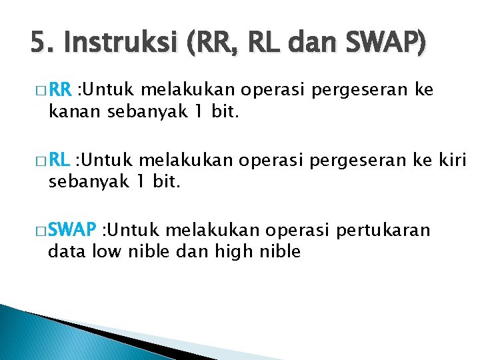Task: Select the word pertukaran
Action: [x=385, y=231]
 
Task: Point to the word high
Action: [x=233, y=251]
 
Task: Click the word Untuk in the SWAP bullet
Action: [x=131, y=231]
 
